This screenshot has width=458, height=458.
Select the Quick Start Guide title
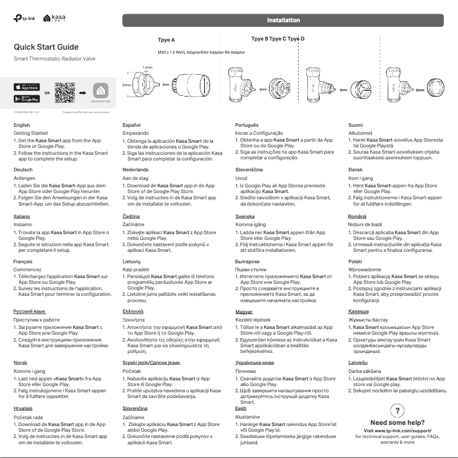46,47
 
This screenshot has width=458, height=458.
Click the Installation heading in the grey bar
284,21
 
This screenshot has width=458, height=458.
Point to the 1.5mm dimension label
147,67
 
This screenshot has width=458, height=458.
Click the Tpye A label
166,41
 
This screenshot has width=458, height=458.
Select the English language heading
22,124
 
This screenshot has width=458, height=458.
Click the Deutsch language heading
23,170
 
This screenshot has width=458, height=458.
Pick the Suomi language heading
356,124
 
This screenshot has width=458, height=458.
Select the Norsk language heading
21,363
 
